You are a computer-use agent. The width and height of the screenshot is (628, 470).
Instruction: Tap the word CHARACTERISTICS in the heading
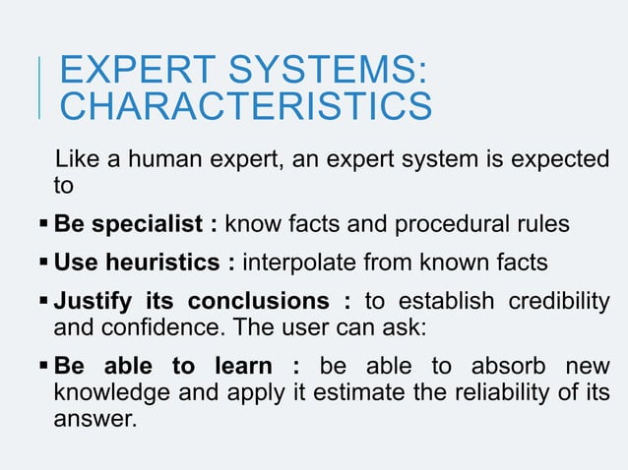[x=245, y=106]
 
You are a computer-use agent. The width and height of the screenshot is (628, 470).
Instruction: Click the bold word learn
[x=242, y=367]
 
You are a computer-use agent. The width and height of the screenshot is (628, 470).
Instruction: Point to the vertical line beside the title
[x=38, y=88]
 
